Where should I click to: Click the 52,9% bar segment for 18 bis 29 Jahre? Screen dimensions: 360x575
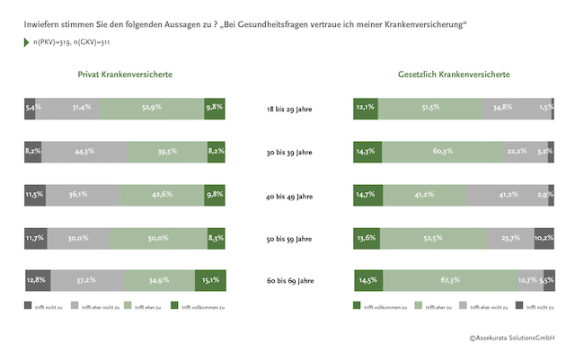(152, 108)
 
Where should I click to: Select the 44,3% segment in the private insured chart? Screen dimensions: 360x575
(79, 151)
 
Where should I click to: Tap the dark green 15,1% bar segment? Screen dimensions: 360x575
(209, 281)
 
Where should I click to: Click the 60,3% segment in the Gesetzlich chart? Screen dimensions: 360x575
(442, 151)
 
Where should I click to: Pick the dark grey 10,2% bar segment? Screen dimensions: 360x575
(544, 238)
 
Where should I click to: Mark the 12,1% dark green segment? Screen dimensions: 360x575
(365, 108)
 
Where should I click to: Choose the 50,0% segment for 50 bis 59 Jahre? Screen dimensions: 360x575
(157, 238)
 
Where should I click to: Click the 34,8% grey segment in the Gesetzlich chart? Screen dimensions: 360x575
(519, 108)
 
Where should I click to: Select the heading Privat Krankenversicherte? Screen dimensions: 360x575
(126, 75)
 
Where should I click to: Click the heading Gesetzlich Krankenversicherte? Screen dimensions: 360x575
(454, 75)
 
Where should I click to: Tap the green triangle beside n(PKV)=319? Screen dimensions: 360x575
(27, 42)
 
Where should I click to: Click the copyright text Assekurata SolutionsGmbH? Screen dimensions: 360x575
(512, 338)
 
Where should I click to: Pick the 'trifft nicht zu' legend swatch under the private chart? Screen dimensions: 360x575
(28, 307)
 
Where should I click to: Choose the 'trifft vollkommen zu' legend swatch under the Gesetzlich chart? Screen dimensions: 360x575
(358, 307)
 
